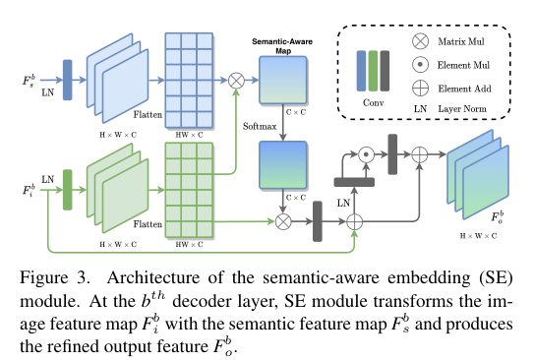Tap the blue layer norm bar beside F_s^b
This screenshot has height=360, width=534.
[67, 80]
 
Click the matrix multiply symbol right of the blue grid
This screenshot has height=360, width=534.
[236, 80]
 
